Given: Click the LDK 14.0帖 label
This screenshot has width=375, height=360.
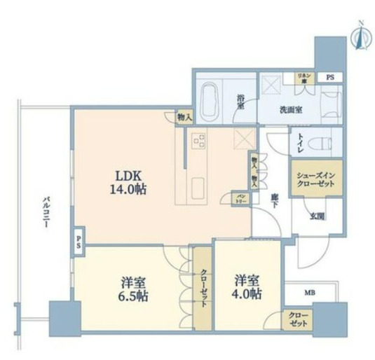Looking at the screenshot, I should [127, 181].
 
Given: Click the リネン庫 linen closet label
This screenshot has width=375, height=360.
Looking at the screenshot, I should [302, 78].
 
